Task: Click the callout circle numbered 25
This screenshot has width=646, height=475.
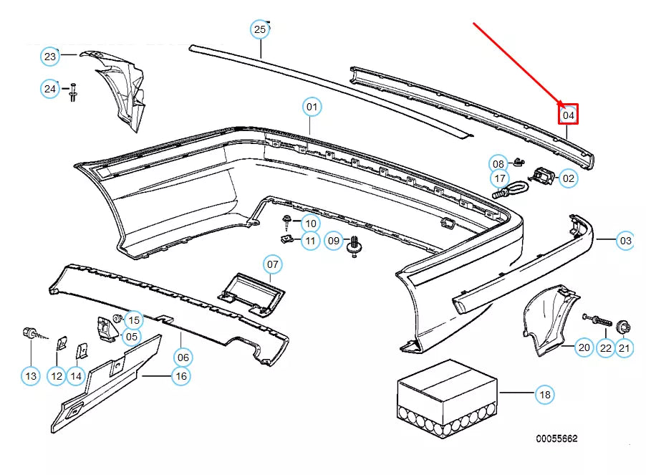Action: [260, 29]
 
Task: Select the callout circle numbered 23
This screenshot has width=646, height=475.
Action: [49, 56]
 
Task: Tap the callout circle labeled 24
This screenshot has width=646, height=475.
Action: [49, 89]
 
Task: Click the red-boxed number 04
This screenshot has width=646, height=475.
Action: [568, 114]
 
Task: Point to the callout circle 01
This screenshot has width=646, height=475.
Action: [312, 107]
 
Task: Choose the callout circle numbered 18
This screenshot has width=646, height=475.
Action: [544, 393]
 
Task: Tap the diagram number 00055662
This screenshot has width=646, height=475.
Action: [556, 438]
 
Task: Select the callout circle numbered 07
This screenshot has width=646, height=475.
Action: [273, 264]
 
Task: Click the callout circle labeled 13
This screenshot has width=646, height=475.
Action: [31, 375]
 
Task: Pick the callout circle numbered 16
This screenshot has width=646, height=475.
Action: [181, 375]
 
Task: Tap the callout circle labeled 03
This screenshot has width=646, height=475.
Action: [625, 240]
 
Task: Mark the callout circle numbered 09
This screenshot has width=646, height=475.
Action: [334, 241]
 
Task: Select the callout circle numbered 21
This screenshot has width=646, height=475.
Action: [625, 348]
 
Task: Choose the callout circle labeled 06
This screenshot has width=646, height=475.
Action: [183, 357]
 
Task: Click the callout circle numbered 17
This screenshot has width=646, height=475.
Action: [500, 178]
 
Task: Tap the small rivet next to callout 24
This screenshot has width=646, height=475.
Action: [73, 92]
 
